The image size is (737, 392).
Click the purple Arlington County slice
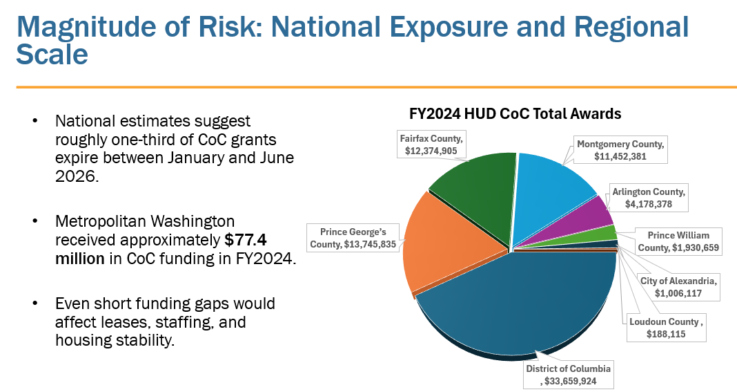(595, 214)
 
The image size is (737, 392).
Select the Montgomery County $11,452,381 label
(621, 150)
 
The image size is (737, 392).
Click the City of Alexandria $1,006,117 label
(679, 286)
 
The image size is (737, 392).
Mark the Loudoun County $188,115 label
(666, 328)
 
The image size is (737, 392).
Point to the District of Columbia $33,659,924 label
(568, 374)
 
